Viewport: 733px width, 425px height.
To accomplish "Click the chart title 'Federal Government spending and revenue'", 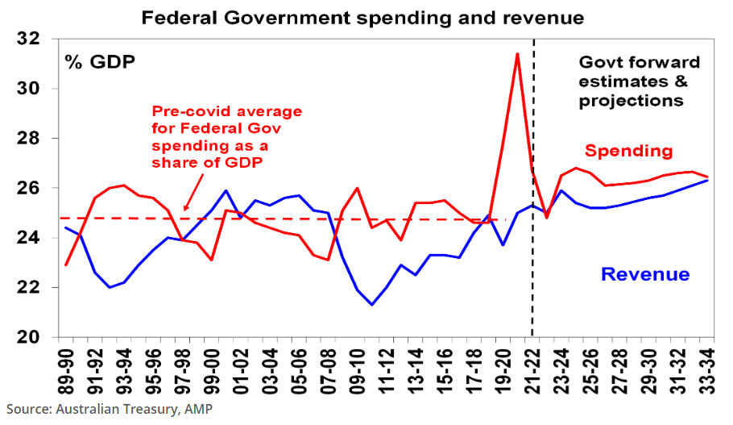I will (x=362, y=16).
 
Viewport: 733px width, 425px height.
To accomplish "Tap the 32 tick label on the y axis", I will (x=30, y=39).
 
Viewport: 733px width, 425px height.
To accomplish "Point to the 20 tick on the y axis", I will (x=30, y=337).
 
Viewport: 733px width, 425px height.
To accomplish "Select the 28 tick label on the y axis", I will (x=30, y=139).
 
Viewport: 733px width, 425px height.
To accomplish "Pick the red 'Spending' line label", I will (x=628, y=151).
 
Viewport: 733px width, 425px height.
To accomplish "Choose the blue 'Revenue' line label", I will (x=646, y=274).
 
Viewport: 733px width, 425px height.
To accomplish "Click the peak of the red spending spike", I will (x=516, y=54).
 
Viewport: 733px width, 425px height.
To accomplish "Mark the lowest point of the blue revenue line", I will (x=371, y=305).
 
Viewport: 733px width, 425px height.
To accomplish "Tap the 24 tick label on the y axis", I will (x=30, y=238).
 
